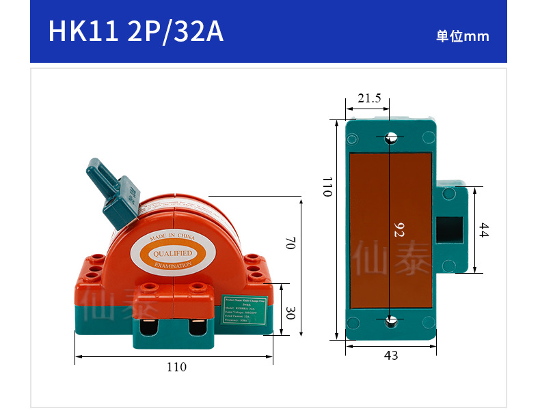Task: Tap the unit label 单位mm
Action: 463,37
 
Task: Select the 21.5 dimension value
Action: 369,98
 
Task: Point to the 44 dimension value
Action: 483,230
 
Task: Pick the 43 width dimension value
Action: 391,355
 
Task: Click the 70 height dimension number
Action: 290,242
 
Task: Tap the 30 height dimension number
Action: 290,313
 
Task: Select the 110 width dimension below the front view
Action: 176,367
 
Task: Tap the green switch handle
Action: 113,191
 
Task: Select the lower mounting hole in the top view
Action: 391,321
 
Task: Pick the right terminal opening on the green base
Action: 200,328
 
